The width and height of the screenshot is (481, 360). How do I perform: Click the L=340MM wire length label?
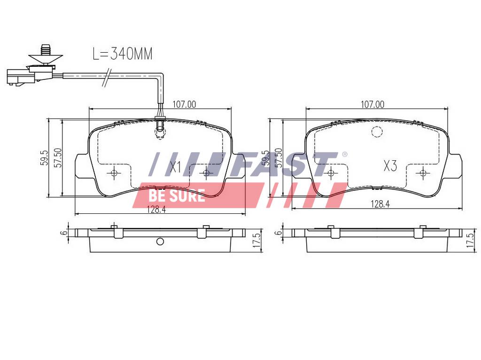123,54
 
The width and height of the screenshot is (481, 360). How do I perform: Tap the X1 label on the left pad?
176,167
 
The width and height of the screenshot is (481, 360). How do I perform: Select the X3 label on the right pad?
390,166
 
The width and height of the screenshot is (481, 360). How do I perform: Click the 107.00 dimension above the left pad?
184,104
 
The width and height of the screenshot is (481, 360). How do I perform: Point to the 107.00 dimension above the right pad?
372,104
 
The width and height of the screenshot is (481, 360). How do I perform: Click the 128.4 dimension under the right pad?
380,204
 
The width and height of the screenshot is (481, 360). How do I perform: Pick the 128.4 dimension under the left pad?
156,210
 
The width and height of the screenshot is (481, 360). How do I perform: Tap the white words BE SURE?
177,196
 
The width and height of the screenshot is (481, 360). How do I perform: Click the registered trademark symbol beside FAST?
344,154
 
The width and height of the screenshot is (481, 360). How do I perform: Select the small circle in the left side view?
160,242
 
